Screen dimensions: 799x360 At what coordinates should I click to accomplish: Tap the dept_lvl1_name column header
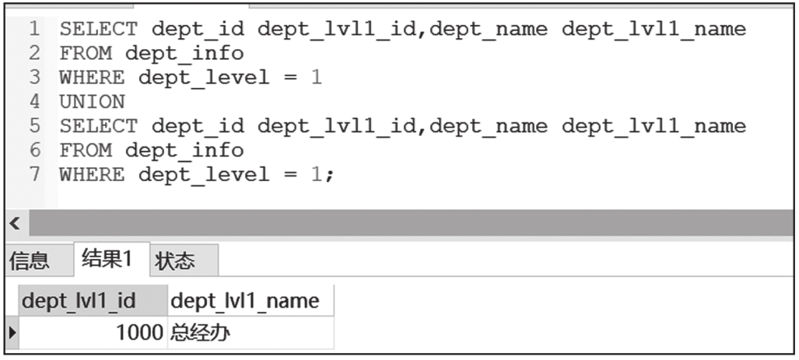tap(244, 301)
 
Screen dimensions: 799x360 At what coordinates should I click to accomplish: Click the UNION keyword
tap(92, 102)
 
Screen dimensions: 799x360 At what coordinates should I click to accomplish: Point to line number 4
tap(34, 102)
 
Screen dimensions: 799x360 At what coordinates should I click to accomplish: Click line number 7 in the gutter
tap(34, 174)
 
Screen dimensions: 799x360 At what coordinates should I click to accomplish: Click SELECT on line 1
tap(99, 30)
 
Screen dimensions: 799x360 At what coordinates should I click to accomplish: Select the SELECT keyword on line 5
tap(99, 126)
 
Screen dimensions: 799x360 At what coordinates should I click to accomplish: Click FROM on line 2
tap(86, 54)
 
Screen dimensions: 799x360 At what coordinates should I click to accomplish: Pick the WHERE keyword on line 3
tap(92, 78)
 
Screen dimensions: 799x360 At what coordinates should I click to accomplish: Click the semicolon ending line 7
tap(329, 175)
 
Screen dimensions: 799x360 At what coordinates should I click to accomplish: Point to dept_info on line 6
tap(184, 150)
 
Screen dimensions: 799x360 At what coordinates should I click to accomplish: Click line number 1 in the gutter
tap(34, 30)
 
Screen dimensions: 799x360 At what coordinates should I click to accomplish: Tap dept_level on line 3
tap(204, 78)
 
